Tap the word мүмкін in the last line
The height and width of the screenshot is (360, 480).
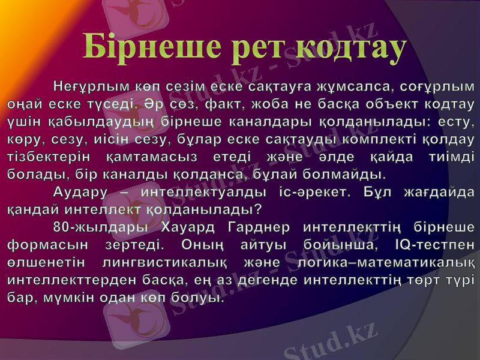[x=70, y=298]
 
